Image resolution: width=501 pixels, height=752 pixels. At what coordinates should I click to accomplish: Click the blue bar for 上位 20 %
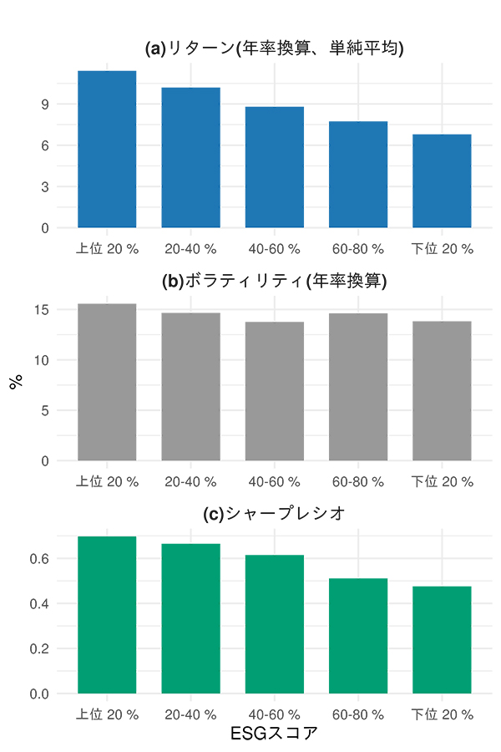tap(107, 149)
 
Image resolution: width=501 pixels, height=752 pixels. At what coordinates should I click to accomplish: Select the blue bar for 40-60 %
tap(275, 167)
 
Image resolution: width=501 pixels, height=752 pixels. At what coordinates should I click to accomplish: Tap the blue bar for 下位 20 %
tap(442, 180)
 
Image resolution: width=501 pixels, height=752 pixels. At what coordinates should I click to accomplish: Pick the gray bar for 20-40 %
tap(191, 386)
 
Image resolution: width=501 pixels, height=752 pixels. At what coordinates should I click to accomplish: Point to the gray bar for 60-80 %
tap(358, 386)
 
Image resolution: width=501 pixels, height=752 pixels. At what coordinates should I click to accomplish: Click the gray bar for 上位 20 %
tap(107, 382)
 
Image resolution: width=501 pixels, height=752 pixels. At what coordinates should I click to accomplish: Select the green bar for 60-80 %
tap(358, 636)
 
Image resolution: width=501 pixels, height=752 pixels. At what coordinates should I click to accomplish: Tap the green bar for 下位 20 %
tap(442, 639)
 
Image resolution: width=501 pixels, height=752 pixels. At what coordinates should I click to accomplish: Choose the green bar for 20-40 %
tap(191, 618)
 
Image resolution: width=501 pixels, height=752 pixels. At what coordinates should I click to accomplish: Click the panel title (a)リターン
tap(275, 48)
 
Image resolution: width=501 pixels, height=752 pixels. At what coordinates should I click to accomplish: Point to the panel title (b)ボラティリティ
tap(275, 281)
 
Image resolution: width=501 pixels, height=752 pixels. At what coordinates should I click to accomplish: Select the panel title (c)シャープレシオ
tap(275, 514)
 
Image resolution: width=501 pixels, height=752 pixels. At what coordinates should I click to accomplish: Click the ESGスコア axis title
tap(275, 734)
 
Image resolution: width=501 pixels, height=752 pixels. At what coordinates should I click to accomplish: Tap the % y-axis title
tap(15, 382)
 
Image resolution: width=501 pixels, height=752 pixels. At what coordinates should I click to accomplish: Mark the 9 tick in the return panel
tap(45, 104)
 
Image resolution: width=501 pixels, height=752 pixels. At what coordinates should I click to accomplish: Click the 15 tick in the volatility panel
tap(42, 310)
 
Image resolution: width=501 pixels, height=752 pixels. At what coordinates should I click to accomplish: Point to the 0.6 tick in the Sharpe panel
tap(40, 558)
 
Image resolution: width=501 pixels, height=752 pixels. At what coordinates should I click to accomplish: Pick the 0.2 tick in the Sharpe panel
tap(40, 648)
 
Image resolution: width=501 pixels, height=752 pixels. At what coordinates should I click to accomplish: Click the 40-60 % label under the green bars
tap(275, 715)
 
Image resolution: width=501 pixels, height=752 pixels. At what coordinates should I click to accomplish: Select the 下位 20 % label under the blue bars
tap(442, 249)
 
